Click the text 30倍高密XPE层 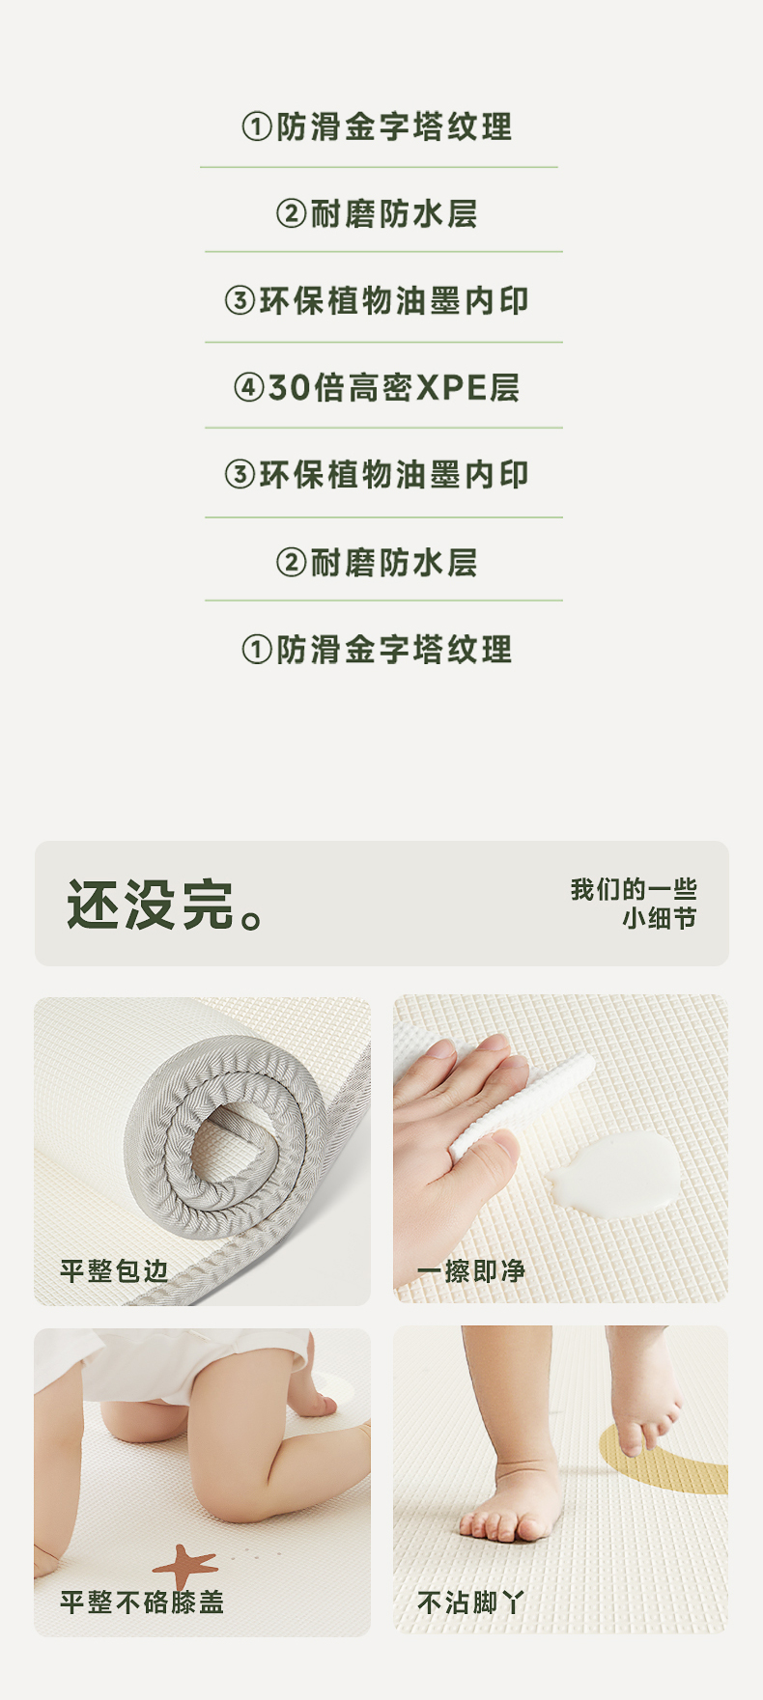click(x=394, y=388)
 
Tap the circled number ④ click(x=249, y=388)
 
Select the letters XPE click(x=451, y=388)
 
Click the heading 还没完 click(x=151, y=905)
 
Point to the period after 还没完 click(x=252, y=918)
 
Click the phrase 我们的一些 click(x=634, y=889)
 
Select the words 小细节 click(x=660, y=918)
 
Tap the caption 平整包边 click(x=114, y=1270)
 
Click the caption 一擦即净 click(x=471, y=1270)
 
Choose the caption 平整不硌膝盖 click(x=142, y=1602)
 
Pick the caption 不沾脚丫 click(x=471, y=1602)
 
